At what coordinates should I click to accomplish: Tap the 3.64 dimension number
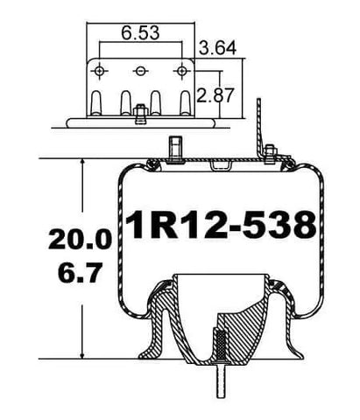click(x=218, y=49)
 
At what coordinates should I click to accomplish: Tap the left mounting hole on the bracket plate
click(x=102, y=70)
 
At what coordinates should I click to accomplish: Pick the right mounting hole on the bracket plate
click(x=182, y=70)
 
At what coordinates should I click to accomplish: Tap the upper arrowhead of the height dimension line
click(x=81, y=164)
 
